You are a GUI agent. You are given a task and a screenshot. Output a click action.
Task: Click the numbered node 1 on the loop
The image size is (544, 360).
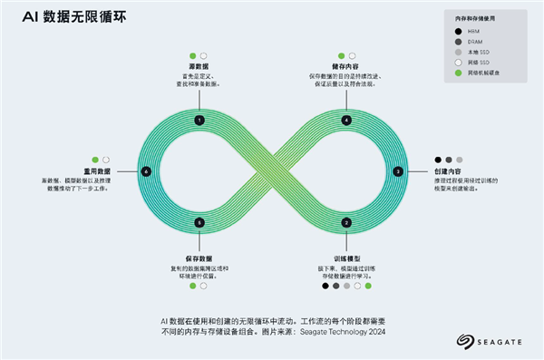tap(199, 120)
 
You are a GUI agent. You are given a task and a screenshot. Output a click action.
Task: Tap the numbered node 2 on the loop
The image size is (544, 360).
tap(346, 222)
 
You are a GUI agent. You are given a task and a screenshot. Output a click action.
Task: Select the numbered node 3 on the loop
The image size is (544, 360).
tap(398, 170)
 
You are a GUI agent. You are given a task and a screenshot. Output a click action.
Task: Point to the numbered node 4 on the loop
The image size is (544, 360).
tap(346, 120)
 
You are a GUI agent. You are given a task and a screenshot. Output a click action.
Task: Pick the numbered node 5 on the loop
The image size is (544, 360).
tap(199, 222)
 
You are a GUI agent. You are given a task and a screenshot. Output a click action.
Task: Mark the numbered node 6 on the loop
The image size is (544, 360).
tap(146, 170)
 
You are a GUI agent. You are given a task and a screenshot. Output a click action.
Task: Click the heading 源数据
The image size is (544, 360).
tap(199, 66)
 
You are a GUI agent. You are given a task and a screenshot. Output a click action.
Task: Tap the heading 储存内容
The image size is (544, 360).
tap(347, 66)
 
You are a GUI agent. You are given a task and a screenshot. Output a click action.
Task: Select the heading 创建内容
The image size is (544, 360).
tap(450, 170)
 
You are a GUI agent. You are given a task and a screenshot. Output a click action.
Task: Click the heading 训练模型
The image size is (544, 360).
tap(346, 260)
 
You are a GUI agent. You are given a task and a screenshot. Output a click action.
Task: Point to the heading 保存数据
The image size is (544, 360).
tap(199, 260)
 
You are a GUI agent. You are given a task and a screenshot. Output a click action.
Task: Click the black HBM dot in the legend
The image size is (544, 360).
tap(461, 32)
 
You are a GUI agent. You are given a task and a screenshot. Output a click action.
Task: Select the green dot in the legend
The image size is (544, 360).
tap(461, 73)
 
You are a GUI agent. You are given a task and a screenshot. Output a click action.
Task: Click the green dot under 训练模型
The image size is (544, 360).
tap(368, 286)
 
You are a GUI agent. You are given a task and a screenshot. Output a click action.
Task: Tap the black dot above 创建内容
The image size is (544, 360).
tap(439, 160)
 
